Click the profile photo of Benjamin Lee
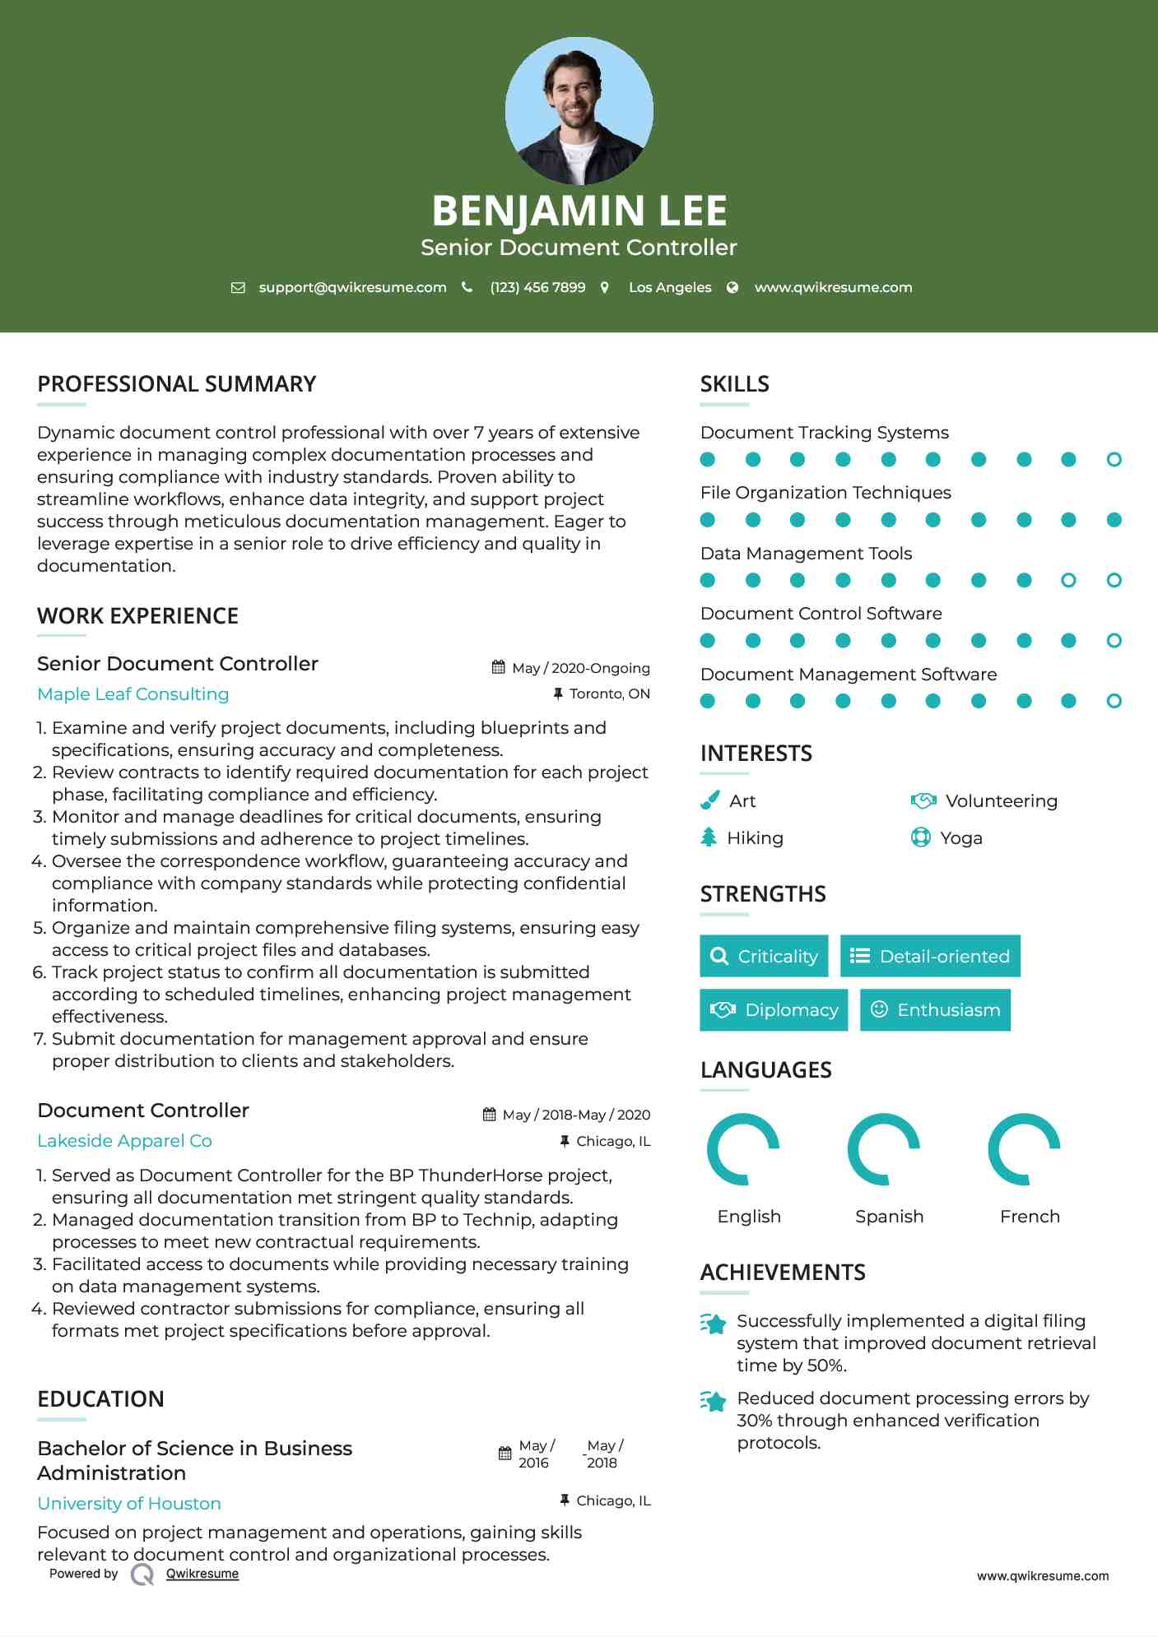pos(579,111)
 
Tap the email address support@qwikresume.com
pos(352,287)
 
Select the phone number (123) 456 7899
pos(537,287)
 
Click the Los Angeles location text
pos(669,287)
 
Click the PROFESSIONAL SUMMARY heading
pos(176,384)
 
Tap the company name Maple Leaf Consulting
pos(133,694)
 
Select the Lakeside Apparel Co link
pos(124,1141)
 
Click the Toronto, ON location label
pos(609,693)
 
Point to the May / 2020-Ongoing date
pos(580,668)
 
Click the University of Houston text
pos(129,1504)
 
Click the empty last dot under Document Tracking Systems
pos(1114,460)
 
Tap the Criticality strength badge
pos(764,956)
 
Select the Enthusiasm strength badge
pos(935,1010)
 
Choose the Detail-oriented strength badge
pos(930,956)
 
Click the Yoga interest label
pos(960,838)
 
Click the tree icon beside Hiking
pos(709,837)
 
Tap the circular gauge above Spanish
pos(884,1149)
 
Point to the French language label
pos(1030,1217)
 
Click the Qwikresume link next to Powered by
pos(202,1574)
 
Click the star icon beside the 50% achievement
pos(714,1324)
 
